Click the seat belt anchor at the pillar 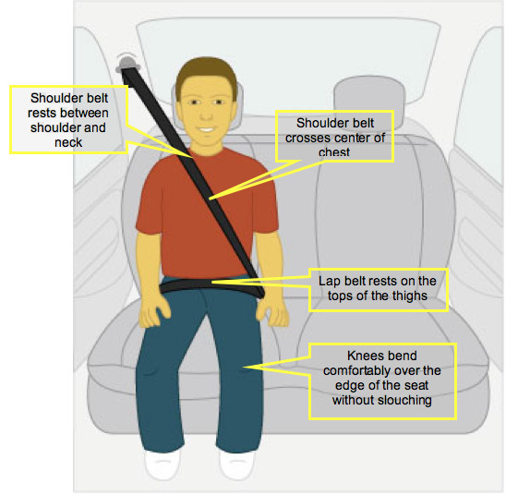tap(127, 65)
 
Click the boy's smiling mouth tap(206, 129)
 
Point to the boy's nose tap(206, 114)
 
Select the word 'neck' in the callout tap(68, 142)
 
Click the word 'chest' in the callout tap(334, 152)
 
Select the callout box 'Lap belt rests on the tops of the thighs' tap(379, 289)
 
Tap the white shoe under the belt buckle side tap(237, 465)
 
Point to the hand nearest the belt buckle tap(272, 312)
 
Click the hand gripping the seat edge tap(154, 312)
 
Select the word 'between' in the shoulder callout tap(89, 113)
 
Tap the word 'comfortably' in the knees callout tap(360, 371)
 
